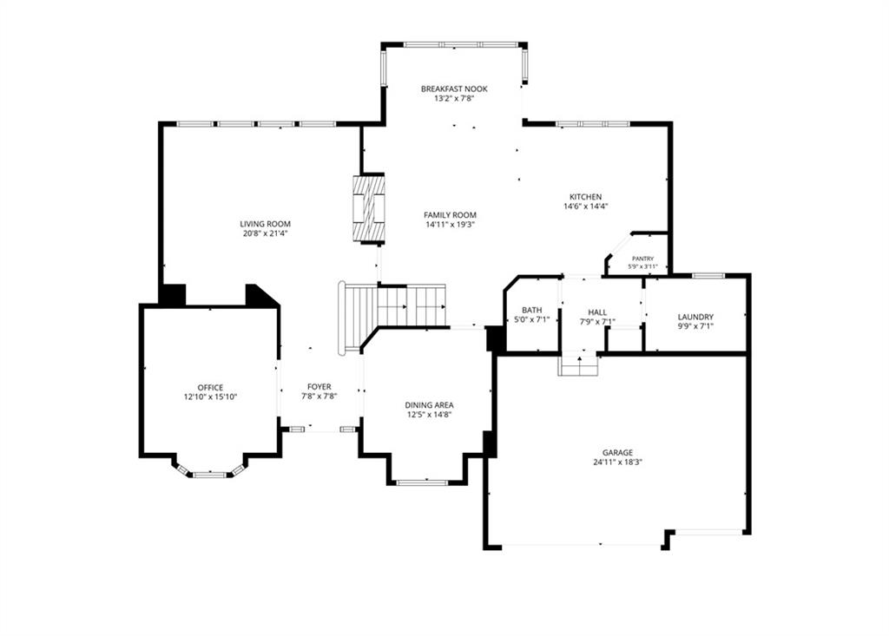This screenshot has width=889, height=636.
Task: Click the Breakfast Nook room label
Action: click(x=454, y=89)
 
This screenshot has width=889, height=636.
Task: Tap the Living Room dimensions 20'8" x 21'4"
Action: click(x=266, y=233)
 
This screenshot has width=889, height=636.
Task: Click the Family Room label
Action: click(x=451, y=215)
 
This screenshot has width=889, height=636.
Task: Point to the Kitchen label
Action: click(x=586, y=197)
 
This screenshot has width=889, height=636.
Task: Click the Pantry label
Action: click(x=643, y=259)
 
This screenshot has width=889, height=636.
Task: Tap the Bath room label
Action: click(x=532, y=310)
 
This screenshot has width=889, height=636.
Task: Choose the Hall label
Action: click(x=597, y=312)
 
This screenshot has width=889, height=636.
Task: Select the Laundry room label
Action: click(x=695, y=317)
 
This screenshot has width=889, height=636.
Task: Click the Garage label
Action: click(x=617, y=452)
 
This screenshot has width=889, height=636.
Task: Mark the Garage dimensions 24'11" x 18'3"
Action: click(x=617, y=462)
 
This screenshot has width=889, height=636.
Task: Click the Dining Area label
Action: click(x=429, y=405)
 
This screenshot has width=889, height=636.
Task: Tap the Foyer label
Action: click(x=319, y=387)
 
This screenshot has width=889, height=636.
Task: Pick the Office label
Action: click(x=210, y=388)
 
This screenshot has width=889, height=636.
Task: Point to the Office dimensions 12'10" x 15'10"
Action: click(x=210, y=397)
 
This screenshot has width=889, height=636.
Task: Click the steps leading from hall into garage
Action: click(x=578, y=364)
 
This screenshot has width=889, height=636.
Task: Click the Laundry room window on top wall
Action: click(x=708, y=276)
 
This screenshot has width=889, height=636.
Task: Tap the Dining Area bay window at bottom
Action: click(x=422, y=483)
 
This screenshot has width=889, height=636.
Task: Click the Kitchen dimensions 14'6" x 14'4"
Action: click(x=586, y=207)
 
